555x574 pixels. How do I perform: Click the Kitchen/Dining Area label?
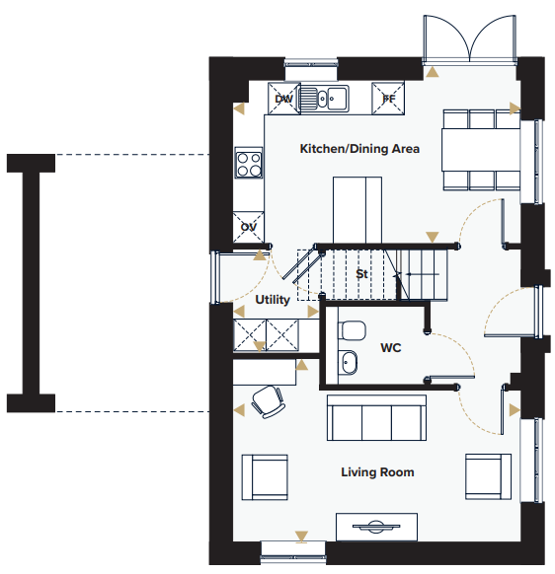click(359, 149)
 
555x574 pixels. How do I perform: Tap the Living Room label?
click(377, 472)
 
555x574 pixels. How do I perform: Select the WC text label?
click(391, 347)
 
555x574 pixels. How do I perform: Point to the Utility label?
click(273, 300)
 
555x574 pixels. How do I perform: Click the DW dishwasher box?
click(284, 99)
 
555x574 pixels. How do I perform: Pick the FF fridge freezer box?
click(388, 99)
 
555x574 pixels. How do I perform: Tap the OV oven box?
click(248, 227)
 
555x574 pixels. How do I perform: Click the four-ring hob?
click(249, 163)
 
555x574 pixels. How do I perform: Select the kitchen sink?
click(324, 98)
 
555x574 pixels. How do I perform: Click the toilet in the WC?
click(352, 330)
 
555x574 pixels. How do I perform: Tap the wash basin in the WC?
click(348, 362)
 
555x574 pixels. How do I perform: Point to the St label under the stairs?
click(361, 274)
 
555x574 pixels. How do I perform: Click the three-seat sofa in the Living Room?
click(376, 418)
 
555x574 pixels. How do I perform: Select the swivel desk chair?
click(268, 401)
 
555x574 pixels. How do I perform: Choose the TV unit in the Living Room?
click(377, 527)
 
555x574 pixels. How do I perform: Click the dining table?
click(481, 150)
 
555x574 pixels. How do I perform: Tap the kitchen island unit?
click(357, 210)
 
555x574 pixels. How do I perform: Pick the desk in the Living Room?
click(265, 372)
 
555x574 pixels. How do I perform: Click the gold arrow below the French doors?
click(432, 72)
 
